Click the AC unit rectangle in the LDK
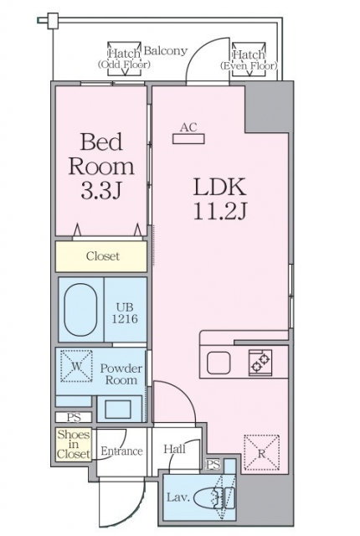[x=188, y=139]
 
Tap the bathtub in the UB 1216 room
[x=80, y=310]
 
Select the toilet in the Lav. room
[x=214, y=497]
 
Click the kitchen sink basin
[x=219, y=363]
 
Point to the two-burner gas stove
[x=260, y=363]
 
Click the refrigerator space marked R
[x=262, y=452]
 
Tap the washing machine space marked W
[x=76, y=366]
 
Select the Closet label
[x=103, y=256]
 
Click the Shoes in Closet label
[x=74, y=445]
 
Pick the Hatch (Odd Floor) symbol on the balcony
[x=125, y=59]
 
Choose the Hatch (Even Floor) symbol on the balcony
[x=249, y=59]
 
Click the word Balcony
[x=166, y=51]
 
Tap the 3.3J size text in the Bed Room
[x=101, y=192]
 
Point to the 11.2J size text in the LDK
[x=220, y=211]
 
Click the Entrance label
[x=121, y=451]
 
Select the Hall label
[x=174, y=449]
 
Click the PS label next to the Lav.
[x=213, y=465]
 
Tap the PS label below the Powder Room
[x=74, y=417]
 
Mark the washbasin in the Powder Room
[x=118, y=410]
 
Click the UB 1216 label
[x=125, y=313]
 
